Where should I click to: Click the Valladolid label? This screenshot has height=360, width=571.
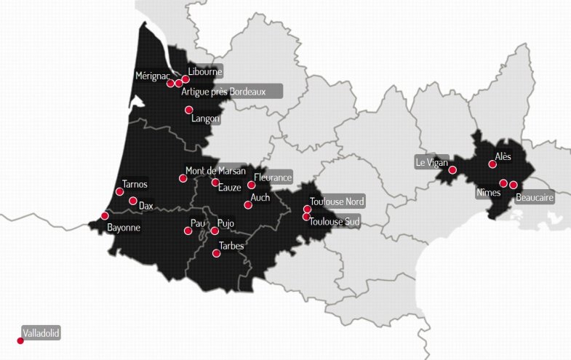click(41, 334)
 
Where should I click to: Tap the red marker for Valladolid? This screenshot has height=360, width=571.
click(20, 340)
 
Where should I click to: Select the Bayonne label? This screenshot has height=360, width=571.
click(124, 228)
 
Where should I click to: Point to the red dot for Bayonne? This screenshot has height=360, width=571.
click(105, 216)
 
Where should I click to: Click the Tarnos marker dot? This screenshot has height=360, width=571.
click(119, 192)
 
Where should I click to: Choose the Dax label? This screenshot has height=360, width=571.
click(146, 206)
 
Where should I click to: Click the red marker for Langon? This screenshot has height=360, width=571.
click(189, 110)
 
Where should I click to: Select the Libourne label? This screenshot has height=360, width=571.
click(203, 71)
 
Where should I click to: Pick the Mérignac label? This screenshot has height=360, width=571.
click(153, 76)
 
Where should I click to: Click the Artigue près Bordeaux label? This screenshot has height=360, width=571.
click(229, 92)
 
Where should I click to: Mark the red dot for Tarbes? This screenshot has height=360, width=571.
click(216, 254)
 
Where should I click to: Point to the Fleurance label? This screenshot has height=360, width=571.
click(273, 177)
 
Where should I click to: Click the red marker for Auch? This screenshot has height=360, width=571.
click(248, 205)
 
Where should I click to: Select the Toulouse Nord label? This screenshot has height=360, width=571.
click(337, 201)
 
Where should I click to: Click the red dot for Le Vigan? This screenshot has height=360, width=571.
click(452, 170)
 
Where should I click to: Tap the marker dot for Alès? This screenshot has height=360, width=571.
click(492, 164)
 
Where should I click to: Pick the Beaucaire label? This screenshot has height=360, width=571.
click(535, 197)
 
